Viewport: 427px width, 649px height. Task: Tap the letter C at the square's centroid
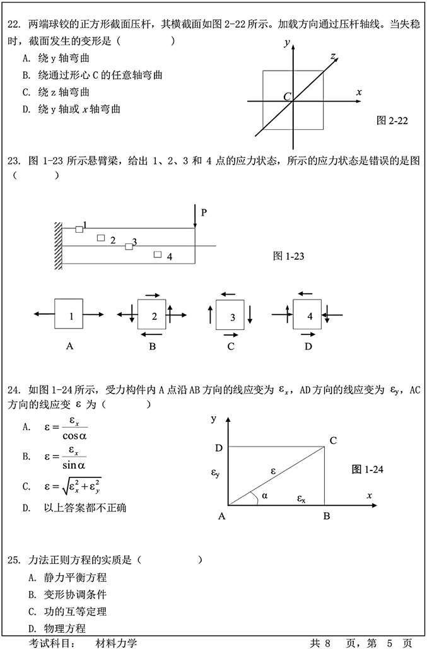click(287, 97)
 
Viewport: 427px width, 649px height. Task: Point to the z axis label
click(332, 57)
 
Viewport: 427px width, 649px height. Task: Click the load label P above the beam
click(204, 213)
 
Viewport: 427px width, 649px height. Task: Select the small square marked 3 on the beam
click(129, 246)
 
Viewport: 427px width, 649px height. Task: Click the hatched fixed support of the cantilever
click(58, 246)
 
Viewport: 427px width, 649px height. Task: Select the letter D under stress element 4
click(308, 346)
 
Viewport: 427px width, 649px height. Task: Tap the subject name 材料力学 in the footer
click(116, 643)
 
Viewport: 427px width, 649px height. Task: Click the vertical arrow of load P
click(195, 221)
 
